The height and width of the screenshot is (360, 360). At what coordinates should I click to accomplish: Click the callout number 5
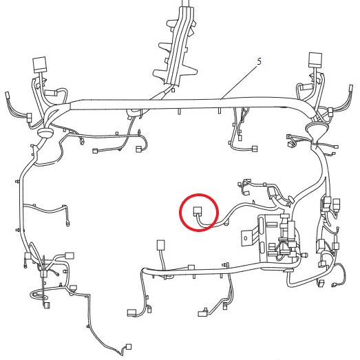(259, 61)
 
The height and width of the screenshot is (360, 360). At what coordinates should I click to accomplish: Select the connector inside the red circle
(198, 211)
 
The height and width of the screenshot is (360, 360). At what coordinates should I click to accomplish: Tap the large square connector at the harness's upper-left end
(40, 65)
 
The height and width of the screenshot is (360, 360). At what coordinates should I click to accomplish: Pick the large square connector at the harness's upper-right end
(315, 60)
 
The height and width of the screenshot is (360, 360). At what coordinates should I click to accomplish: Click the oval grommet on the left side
(45, 132)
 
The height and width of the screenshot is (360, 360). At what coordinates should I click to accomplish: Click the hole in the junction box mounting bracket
(246, 238)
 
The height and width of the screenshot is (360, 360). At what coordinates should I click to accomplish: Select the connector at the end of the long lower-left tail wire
(129, 346)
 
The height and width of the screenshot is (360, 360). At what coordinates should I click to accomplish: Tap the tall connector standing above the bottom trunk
(160, 245)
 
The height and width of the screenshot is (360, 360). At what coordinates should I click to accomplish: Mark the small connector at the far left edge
(8, 95)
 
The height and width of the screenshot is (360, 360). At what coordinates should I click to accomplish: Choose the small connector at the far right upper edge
(351, 88)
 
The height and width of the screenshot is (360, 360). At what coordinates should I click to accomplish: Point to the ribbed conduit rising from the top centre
(178, 43)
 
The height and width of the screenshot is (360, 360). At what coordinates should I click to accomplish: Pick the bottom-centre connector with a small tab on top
(202, 313)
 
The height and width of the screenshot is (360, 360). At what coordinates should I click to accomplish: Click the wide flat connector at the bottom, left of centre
(131, 313)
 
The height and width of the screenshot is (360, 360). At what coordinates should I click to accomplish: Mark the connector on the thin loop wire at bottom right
(334, 286)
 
